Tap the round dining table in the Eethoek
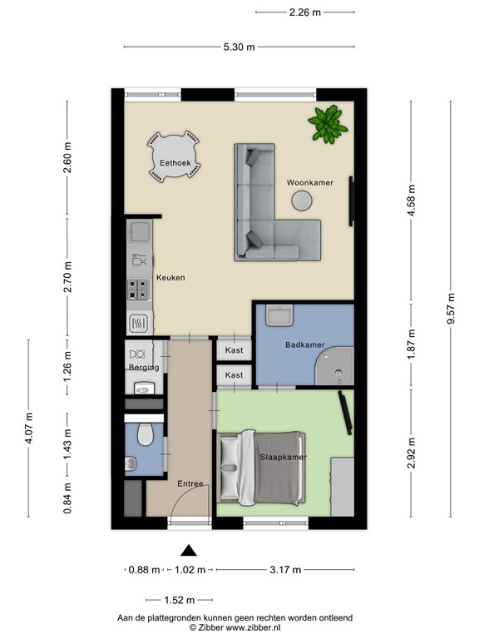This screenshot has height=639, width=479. click(x=175, y=156)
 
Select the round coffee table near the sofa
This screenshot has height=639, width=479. click(x=301, y=201)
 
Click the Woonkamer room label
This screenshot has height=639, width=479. click(x=309, y=182)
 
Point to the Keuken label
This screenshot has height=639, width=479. click(x=170, y=278)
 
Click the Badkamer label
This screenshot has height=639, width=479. click(x=304, y=344)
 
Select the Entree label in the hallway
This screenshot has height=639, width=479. click(x=191, y=483)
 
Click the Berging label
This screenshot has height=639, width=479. click(x=143, y=367)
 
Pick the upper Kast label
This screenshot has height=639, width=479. click(x=235, y=351)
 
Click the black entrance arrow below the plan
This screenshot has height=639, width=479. click(x=190, y=549)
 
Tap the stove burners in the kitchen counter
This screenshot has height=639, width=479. click(x=139, y=290)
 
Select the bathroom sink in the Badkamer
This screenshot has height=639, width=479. click(x=278, y=315)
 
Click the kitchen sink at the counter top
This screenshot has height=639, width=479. click(x=140, y=230)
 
